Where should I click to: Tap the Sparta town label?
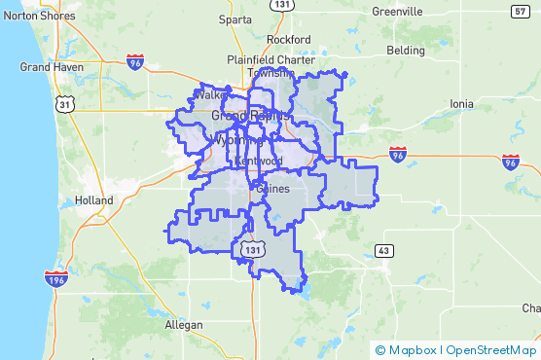(234, 18)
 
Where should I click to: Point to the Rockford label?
(287, 40)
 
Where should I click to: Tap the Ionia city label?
(461, 103)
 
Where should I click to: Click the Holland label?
(93, 200)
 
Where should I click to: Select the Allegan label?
(184, 324)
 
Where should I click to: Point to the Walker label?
(210, 96)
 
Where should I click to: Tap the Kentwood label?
(259, 161)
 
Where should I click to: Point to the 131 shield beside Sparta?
(282, 5)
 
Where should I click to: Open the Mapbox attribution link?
(406, 350)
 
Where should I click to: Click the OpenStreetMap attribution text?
(492, 350)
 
